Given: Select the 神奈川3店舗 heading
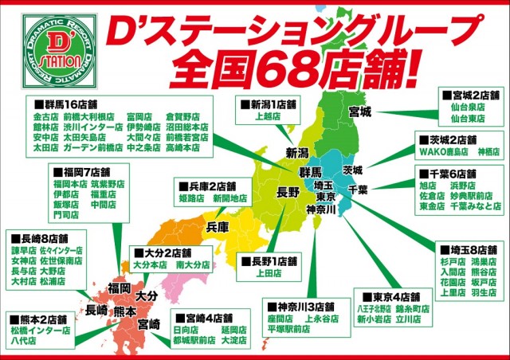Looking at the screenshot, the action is [302, 306].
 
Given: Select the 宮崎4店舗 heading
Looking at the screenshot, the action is [202, 317].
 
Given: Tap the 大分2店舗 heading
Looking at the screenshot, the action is [163, 252].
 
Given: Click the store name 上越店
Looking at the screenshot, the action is [269, 117].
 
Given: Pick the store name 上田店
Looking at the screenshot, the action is [268, 273].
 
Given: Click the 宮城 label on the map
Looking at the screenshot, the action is [359, 112].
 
